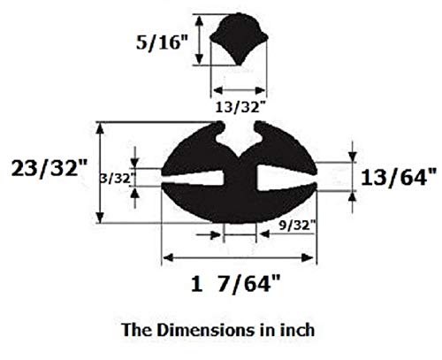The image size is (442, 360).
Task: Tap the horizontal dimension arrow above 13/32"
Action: (239, 91)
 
